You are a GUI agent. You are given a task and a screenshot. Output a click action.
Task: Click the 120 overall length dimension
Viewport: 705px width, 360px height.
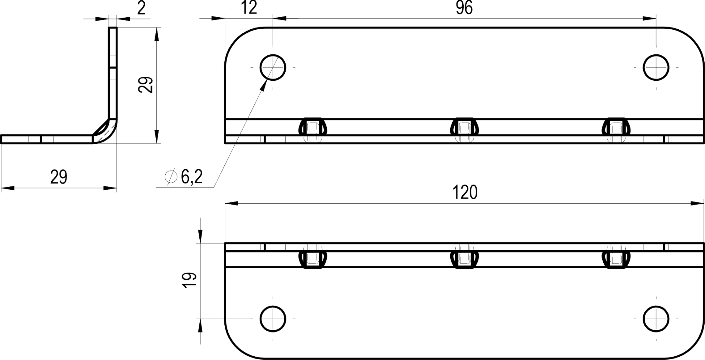465,193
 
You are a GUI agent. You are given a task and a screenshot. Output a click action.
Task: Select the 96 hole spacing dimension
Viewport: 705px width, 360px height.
464,8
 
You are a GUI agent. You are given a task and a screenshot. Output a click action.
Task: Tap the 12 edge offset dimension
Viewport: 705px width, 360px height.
249,8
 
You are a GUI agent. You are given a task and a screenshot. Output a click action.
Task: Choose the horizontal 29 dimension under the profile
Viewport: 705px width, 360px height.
59,177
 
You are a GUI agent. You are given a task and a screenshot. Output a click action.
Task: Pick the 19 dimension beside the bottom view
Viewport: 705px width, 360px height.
191,281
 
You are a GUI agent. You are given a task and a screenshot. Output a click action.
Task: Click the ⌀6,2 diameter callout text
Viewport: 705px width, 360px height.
184,177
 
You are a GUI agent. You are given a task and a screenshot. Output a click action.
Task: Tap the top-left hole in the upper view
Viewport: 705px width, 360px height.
273,68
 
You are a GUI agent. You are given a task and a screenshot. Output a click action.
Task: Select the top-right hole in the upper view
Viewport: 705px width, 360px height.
656,68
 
